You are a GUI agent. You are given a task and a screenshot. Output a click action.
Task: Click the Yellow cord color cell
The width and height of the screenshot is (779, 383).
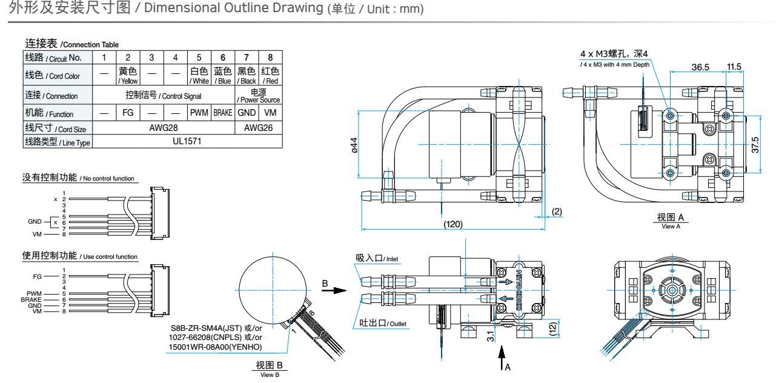point(127,75)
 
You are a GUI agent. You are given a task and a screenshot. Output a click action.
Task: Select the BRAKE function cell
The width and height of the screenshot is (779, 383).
point(223,113)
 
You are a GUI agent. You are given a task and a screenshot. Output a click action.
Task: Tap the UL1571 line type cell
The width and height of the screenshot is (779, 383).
point(188,141)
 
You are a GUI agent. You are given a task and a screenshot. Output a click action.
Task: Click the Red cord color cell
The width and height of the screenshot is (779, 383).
point(270,75)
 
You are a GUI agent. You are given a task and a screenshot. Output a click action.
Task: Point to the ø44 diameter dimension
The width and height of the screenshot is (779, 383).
point(354,146)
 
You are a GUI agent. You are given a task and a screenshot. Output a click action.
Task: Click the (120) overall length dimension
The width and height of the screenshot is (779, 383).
point(453,224)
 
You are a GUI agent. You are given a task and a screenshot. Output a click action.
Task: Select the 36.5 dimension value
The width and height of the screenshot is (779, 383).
point(700,67)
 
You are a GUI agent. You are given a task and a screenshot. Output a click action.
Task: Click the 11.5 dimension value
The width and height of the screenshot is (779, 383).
point(734,67)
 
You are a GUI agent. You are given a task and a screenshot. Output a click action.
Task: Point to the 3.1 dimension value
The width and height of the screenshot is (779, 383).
point(489,334)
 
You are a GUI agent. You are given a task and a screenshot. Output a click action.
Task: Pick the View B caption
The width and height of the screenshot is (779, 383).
point(270,367)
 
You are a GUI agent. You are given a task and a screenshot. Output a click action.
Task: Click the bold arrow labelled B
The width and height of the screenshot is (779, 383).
point(334,290)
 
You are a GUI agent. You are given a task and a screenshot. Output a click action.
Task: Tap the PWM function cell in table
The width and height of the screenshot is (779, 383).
point(199,113)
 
